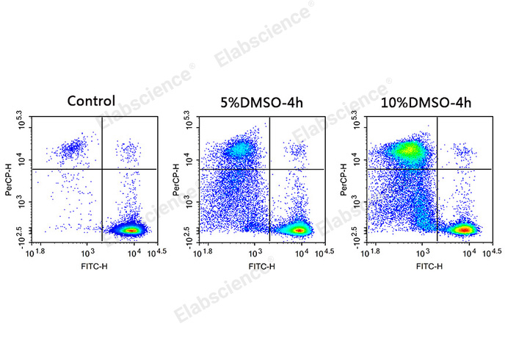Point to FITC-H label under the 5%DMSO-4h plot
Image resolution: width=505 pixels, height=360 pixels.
click(261, 265)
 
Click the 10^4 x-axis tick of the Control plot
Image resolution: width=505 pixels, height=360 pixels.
click(133, 252)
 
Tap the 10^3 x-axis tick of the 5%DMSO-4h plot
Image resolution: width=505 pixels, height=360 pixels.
click(253, 252)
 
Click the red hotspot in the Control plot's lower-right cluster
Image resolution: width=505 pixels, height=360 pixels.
click(131, 230)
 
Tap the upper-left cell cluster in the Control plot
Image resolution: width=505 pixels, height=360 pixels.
click(72, 149)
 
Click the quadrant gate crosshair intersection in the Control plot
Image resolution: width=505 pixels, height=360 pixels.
click(101, 169)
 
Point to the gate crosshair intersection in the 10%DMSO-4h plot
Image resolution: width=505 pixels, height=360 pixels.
click(437, 169)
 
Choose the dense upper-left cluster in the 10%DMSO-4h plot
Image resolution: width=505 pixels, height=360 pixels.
click(407, 151)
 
